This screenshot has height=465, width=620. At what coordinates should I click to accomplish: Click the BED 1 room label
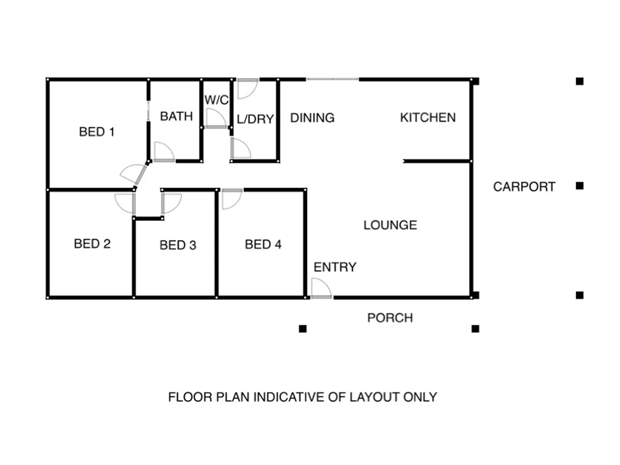97,132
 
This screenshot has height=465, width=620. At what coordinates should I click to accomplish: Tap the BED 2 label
92,244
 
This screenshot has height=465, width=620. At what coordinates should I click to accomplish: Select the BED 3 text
178,245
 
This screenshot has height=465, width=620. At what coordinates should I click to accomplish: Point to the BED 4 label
263,245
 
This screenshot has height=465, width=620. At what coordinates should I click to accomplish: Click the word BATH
176,116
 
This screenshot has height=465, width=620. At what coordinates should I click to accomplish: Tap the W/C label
216,100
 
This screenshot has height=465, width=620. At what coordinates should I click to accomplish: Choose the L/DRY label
255,119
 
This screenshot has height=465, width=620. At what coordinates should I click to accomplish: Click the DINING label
312,118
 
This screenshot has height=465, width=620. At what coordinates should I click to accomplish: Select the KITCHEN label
428,118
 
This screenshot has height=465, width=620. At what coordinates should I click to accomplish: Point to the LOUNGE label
390,225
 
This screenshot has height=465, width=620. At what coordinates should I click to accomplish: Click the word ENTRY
335,267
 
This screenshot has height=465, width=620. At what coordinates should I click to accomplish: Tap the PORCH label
390,318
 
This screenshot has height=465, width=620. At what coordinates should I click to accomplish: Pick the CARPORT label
524,187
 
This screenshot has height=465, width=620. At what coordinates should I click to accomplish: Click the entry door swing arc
321,288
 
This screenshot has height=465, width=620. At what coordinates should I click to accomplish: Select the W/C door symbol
216,118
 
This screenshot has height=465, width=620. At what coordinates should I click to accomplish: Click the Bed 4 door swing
232,199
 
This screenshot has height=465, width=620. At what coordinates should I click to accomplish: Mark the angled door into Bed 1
133,174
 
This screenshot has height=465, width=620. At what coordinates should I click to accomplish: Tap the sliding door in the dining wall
333,79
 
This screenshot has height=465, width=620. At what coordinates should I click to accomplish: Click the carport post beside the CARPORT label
580,186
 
